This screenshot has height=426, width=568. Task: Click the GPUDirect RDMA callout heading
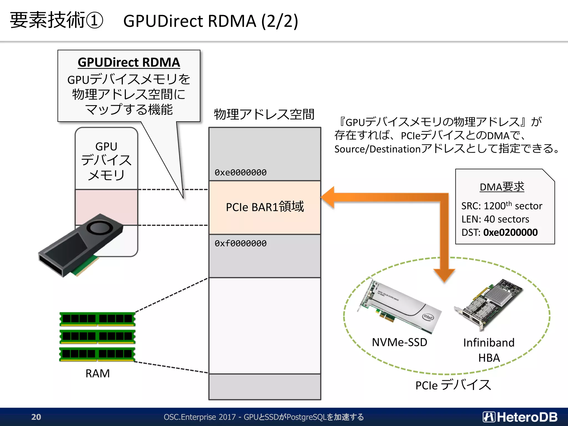pos(129,62)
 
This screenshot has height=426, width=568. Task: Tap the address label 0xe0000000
pos(240,173)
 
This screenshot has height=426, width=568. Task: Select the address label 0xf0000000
pos(240,244)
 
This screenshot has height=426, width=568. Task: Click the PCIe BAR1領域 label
pos(265,207)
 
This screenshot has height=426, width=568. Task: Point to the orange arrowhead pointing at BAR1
pos(328,197)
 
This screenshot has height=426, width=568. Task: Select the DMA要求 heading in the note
pos(502,187)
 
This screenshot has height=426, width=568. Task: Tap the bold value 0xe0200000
pos(510,232)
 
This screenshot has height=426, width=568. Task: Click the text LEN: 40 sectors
pos(495,219)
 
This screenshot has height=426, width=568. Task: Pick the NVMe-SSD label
pos(399,342)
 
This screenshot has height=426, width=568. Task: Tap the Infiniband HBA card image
pos(488,305)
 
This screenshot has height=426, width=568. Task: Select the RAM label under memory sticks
pos(98,374)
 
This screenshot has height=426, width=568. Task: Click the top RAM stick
pos(97,319)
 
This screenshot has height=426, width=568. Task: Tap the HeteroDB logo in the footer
pos(520,417)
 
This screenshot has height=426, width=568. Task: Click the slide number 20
pos(36,417)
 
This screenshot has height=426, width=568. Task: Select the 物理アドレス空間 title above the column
pos(264,114)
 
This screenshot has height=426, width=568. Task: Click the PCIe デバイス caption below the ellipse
pos(453,385)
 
